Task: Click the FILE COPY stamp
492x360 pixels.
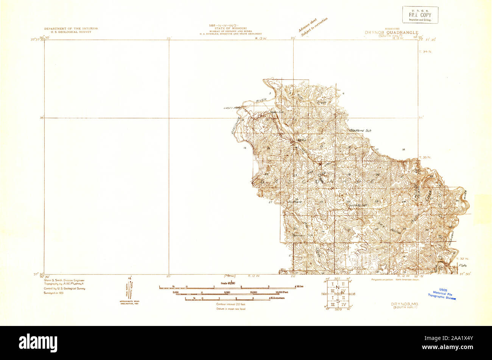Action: pyautogui.click(x=420, y=15)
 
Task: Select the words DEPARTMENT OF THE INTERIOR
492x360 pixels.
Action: pyautogui.click(x=71, y=29)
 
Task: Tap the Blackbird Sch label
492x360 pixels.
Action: pyautogui.click(x=361, y=130)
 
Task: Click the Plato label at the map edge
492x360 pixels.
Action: pyautogui.click(x=463, y=266)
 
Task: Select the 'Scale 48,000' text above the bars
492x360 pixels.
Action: pyautogui.click(x=228, y=283)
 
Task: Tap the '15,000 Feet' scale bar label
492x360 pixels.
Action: pyautogui.click(x=280, y=292)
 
